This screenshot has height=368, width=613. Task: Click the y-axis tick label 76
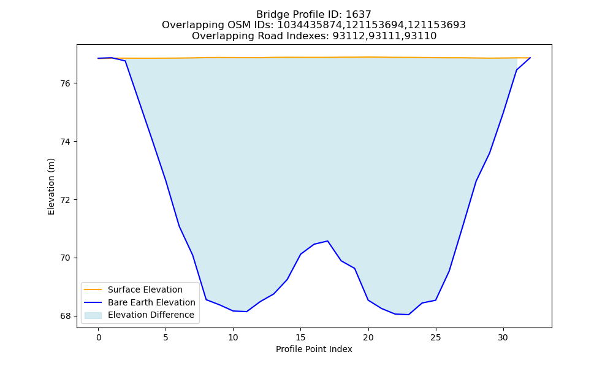point(65,83)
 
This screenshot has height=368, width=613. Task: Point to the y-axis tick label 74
point(65,142)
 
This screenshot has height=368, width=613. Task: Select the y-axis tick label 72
point(65,200)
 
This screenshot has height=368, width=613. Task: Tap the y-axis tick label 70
point(65,258)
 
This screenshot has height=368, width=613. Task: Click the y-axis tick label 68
point(65,316)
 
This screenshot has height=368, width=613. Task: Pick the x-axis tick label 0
point(99,337)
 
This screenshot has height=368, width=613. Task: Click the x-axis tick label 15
point(300,337)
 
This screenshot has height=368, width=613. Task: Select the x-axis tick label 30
point(503,337)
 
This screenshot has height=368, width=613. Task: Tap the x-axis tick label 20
point(368,337)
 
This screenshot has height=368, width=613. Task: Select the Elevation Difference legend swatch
point(93,315)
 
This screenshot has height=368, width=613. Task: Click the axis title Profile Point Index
point(314,349)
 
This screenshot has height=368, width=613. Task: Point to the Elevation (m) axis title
point(51,186)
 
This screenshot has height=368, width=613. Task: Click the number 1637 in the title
point(359,15)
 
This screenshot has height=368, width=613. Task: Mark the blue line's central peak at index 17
point(327,241)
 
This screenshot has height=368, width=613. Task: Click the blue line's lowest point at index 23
point(408,315)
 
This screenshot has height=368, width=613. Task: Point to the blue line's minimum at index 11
point(246,312)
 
